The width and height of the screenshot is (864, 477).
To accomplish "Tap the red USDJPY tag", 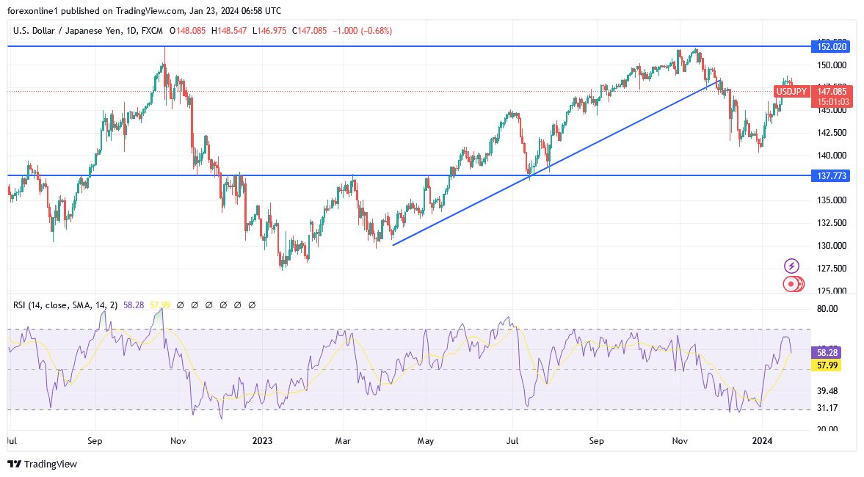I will coord(791,92).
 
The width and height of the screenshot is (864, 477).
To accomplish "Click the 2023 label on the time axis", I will coord(262,441).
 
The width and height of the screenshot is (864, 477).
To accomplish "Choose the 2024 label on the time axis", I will coord(762,441).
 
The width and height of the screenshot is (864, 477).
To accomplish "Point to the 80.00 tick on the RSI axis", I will coord(827,309).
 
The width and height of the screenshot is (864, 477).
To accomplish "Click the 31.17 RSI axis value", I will coord(827,408).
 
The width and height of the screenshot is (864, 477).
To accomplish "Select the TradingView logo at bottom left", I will coord(42,464).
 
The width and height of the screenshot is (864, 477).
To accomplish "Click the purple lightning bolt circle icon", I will coord(791,266).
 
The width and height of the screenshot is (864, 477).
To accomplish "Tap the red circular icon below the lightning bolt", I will coord(791,283).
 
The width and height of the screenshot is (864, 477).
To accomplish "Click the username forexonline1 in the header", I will coord(35,11).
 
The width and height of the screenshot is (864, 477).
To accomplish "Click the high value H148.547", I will coord(230,31).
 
